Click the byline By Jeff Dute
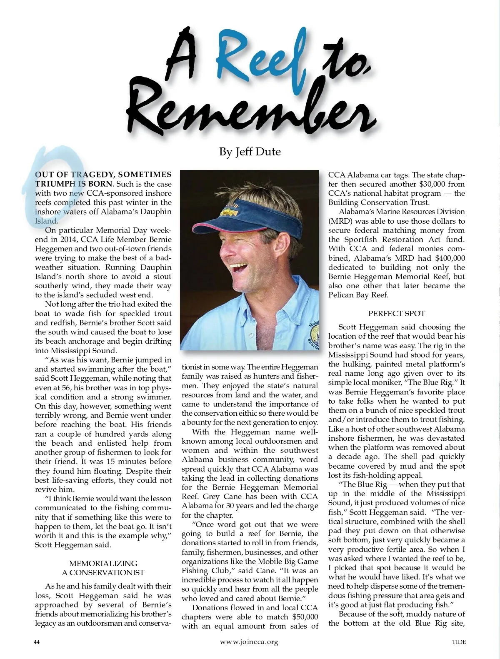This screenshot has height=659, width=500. click(x=250, y=152)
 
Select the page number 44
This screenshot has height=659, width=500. click(x=37, y=642)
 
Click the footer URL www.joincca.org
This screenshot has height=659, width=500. click(x=249, y=642)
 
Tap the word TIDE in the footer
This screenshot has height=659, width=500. click(x=459, y=642)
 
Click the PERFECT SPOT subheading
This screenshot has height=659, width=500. click(x=397, y=313)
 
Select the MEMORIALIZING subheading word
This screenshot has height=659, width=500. click(x=103, y=564)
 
